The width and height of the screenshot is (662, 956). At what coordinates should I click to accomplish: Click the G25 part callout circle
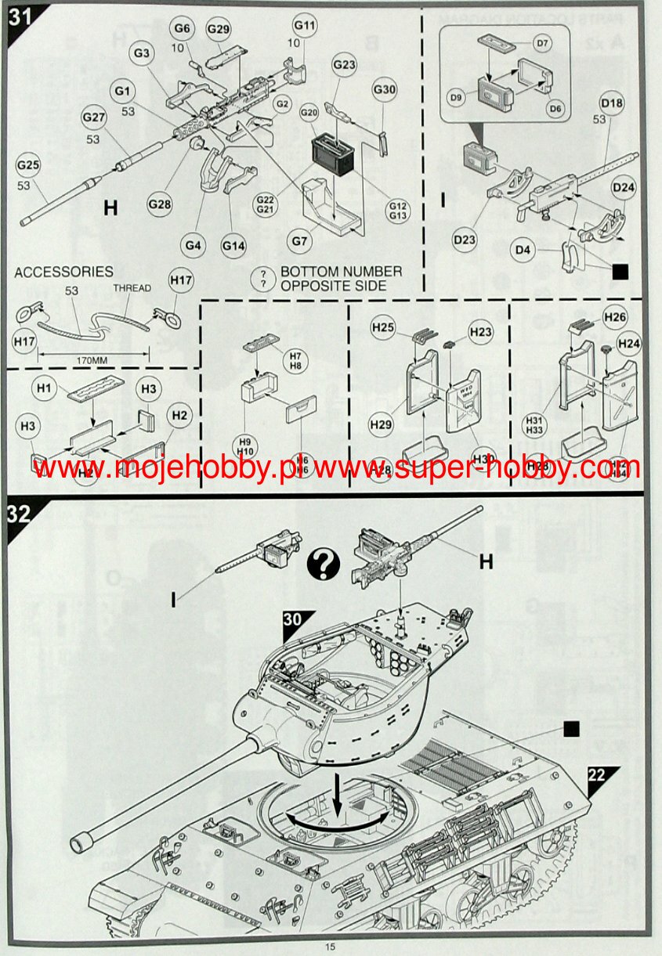(31, 165)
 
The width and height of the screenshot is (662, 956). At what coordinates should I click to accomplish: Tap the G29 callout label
(219, 29)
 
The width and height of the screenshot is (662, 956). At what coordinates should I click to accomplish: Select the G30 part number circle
(384, 89)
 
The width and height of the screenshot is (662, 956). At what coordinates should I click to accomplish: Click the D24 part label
(624, 187)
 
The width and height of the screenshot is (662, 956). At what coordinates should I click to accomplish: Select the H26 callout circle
(615, 317)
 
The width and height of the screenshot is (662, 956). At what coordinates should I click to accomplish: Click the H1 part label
(44, 388)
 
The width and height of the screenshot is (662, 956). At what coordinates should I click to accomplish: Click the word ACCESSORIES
(63, 272)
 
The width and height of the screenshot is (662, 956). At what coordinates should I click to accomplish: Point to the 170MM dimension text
(92, 361)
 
